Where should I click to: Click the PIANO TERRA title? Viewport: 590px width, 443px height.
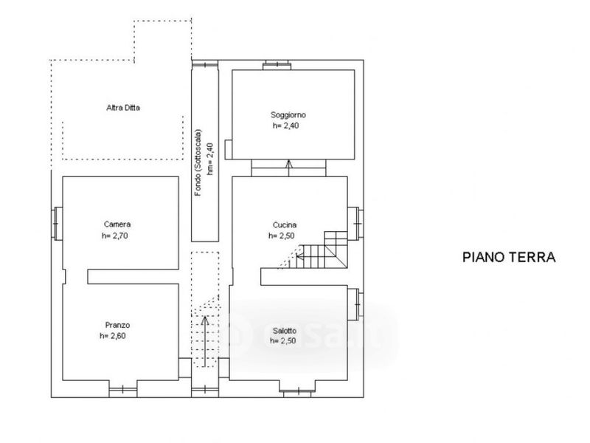tap(509, 257)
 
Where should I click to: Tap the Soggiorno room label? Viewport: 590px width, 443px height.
tap(288, 115)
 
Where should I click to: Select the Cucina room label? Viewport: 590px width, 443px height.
tap(285, 225)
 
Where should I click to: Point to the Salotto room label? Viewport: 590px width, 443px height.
tap(285, 331)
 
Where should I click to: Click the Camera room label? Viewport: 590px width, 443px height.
tap(117, 224)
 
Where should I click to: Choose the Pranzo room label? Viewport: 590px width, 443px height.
tap(117, 325)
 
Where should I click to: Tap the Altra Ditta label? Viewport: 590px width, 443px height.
tap(123, 108)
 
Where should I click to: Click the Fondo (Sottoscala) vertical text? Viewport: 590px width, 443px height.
tap(198, 162)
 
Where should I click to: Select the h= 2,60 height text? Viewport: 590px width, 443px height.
tap(113, 336)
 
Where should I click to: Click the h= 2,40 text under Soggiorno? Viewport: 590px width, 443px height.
tap(285, 126)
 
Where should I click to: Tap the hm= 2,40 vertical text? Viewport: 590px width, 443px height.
tap(210, 159)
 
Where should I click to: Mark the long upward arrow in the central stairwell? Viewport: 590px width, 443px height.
tap(205, 341)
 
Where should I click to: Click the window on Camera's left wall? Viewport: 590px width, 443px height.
tap(57, 224)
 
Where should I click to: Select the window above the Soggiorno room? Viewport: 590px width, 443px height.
tap(277, 65)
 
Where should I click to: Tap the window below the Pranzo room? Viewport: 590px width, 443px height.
tap(123, 390)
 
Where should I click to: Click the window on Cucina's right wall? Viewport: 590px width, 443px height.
tap(355, 224)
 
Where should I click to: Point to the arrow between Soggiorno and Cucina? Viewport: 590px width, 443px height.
tap(288, 168)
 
